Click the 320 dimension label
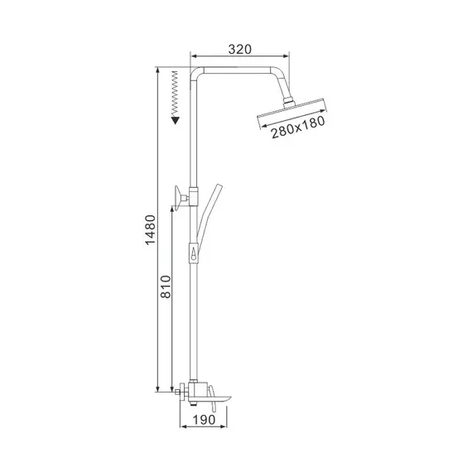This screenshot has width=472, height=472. pos(239,49)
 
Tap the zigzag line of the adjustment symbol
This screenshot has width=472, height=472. pos(175,92)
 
